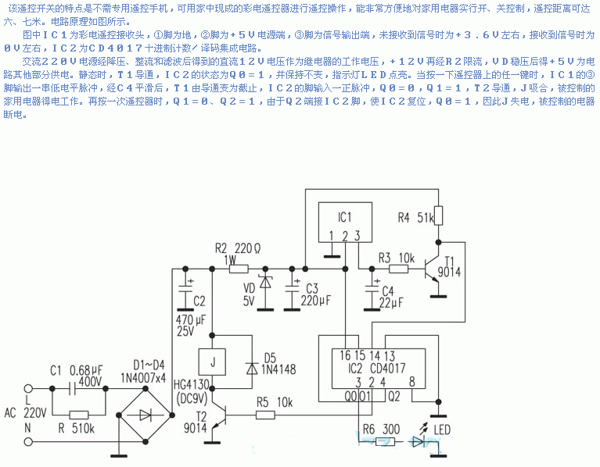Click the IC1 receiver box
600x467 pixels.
coord(344,222)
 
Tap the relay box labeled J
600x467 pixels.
coord(210,361)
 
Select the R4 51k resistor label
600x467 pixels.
coord(415,217)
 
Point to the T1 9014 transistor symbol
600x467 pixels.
coord(432,269)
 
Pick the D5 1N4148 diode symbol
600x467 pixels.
coord(252,365)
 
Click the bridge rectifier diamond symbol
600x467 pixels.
coord(144,415)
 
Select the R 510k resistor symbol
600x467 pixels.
coord(79,415)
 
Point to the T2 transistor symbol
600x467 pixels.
coord(219,415)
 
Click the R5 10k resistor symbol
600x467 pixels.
coord(265,415)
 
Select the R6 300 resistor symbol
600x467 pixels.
coord(383,441)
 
